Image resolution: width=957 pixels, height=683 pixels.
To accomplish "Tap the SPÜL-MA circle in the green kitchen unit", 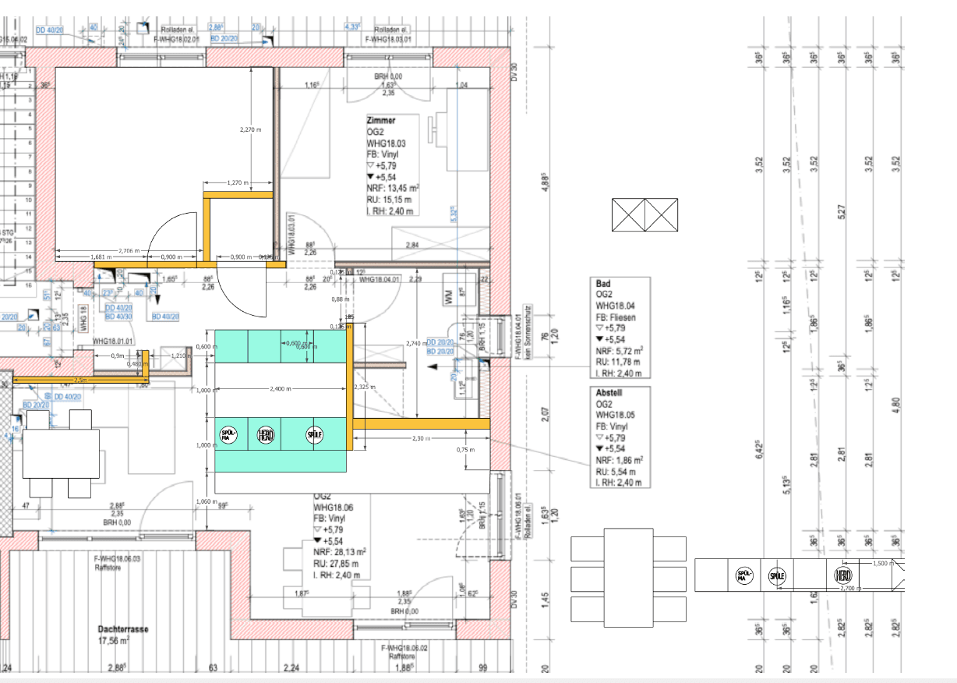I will click(227, 437).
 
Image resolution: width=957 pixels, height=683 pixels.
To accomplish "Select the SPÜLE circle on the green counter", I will click(314, 435).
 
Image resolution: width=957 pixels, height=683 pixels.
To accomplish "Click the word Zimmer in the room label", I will click(381, 121).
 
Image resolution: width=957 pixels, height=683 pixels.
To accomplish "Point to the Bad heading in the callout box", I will click(602, 285).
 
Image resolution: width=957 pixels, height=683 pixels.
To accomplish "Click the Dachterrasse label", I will click(123, 628).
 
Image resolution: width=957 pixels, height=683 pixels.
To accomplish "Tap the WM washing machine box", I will click(448, 296).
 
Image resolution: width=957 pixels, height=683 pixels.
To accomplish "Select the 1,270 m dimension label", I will click(237, 183).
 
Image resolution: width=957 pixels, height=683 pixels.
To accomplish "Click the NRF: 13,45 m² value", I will click(393, 188).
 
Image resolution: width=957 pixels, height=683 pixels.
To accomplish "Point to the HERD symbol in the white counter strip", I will click(842, 576).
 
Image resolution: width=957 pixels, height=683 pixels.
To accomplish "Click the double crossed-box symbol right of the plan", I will click(644, 215).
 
